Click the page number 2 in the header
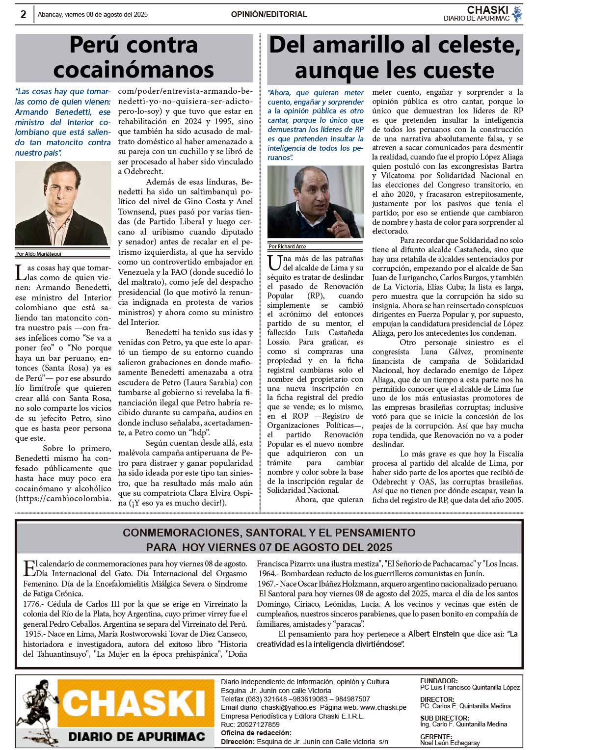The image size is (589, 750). click(23, 15)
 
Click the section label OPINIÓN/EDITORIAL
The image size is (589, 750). click(269, 15)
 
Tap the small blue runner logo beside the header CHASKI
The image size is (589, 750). click(517, 14)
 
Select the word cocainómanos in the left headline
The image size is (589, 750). click(134, 70)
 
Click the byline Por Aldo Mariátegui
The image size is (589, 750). click(39, 254)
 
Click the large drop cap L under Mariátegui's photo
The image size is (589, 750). click(20, 272)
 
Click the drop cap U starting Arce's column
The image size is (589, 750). click(274, 263)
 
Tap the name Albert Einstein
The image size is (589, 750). click(433, 634)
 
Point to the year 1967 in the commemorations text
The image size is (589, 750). click(267, 584)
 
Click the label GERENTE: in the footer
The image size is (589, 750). click(436, 736)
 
